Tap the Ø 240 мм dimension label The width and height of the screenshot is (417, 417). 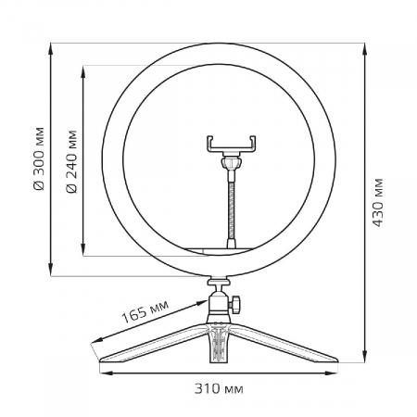click(x=72, y=161)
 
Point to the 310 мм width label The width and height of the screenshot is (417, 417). click(x=221, y=387)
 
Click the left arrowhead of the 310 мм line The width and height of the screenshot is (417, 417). click(x=101, y=373)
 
